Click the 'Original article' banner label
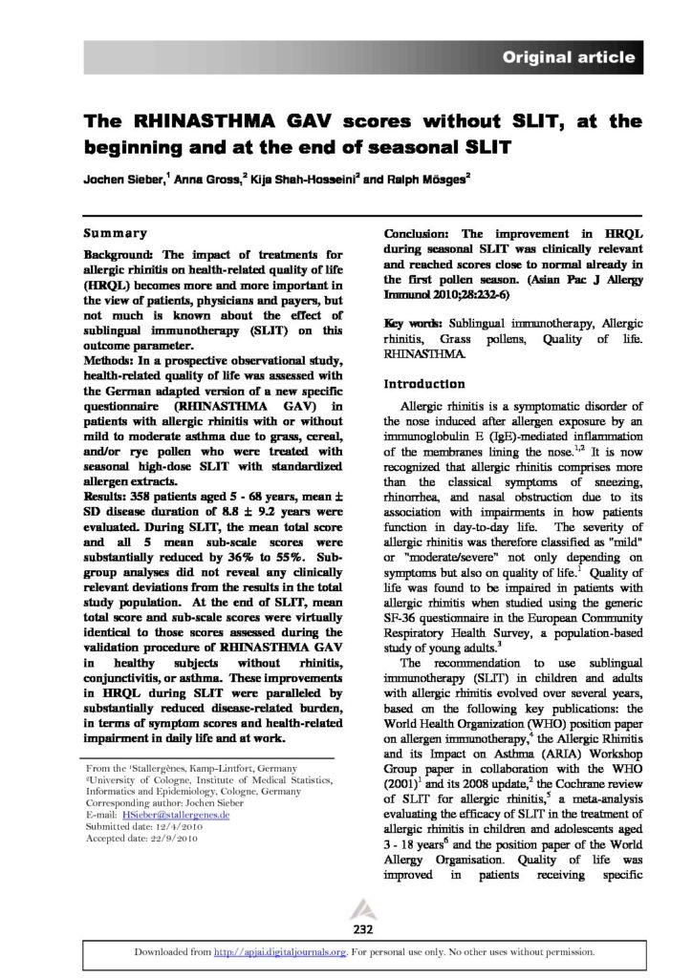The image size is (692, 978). click(569, 58)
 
